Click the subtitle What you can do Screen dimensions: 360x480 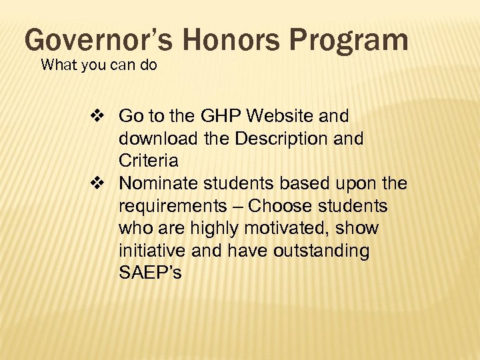(x=99, y=66)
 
